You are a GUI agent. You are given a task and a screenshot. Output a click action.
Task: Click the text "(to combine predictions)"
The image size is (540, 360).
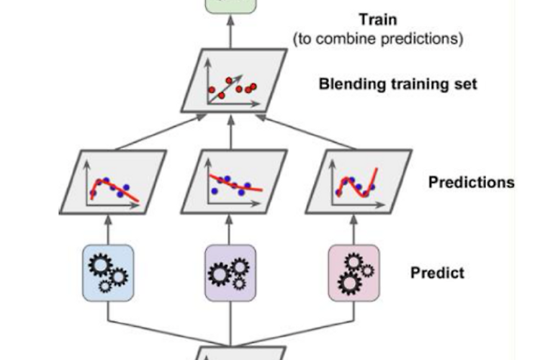378,39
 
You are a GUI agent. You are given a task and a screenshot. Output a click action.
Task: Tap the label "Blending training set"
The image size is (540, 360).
397,84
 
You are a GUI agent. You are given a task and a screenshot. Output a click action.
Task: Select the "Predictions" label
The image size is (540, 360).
471,182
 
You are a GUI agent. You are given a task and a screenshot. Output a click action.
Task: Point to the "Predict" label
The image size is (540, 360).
437,273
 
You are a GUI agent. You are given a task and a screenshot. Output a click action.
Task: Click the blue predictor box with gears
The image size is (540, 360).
108,272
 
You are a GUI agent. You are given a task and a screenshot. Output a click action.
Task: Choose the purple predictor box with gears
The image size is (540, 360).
230,272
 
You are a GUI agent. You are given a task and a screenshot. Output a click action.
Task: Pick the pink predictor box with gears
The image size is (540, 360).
353,272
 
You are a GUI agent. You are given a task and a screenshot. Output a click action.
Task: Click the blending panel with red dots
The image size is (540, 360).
230,84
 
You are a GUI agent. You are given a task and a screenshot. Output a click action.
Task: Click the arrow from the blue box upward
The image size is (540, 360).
108,229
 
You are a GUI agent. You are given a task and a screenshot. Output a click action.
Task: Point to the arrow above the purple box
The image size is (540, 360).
230,229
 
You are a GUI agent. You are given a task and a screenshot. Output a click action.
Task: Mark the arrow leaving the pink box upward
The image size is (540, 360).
353,229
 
